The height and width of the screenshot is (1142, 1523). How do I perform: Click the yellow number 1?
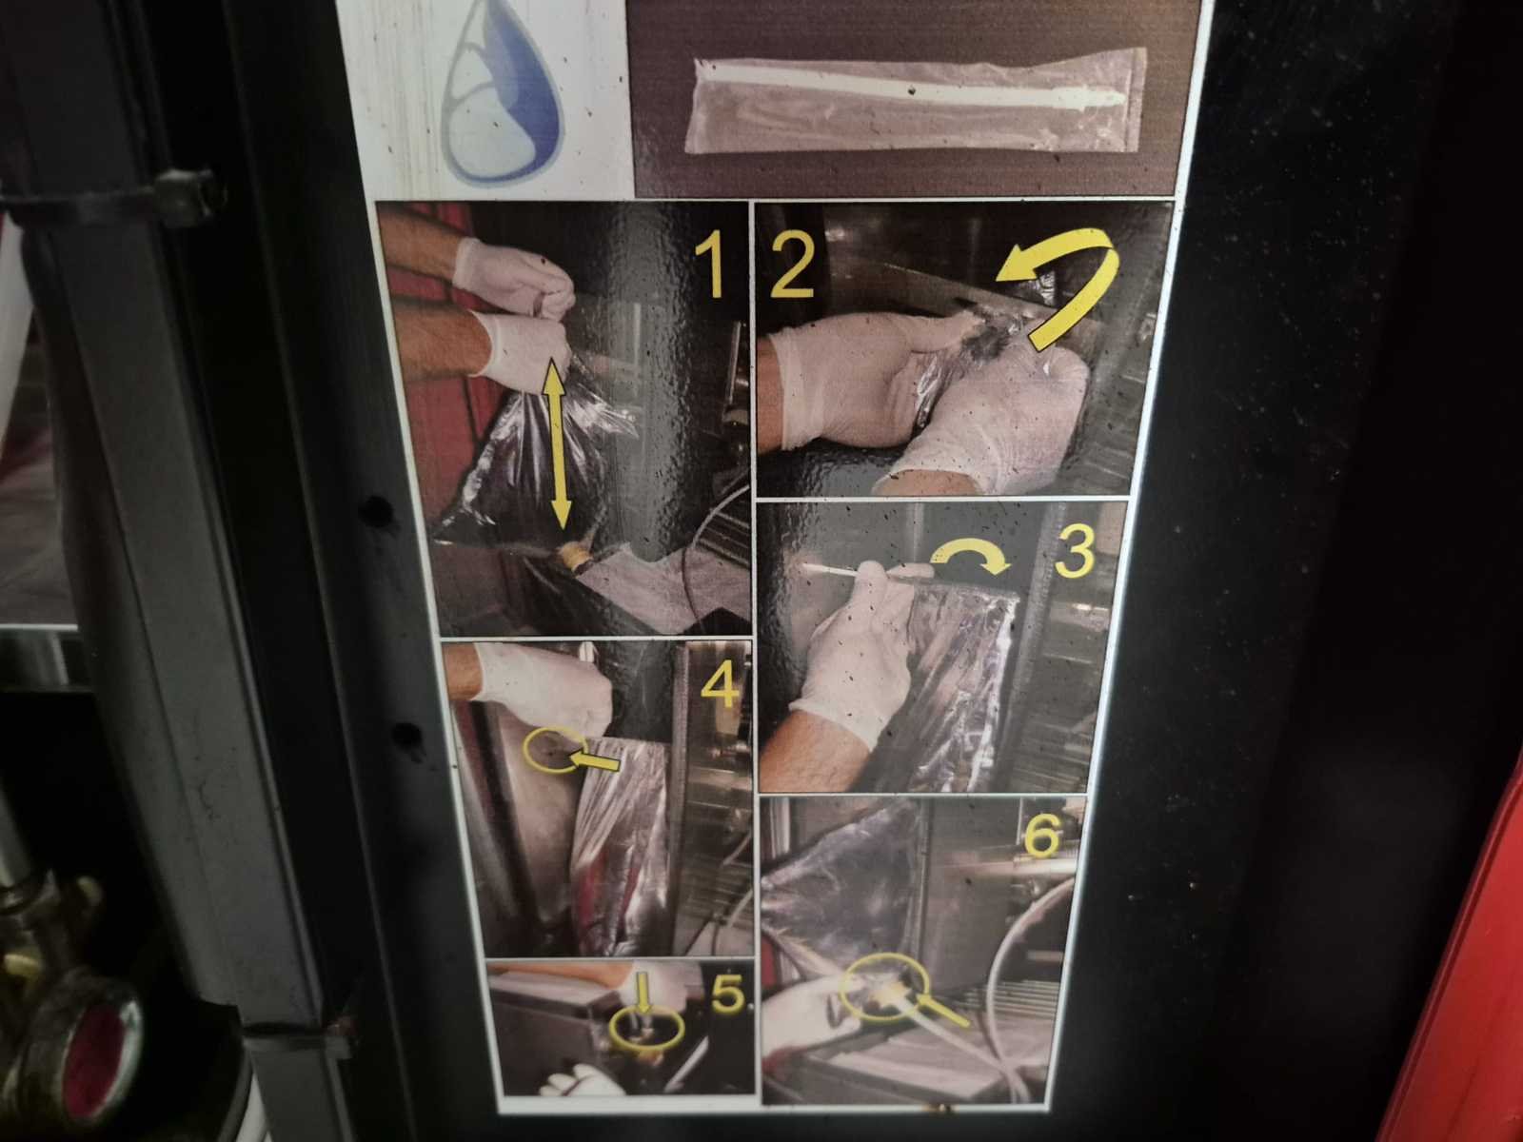pyautogui.click(x=710, y=265)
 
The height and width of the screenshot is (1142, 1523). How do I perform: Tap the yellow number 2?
pyautogui.click(x=792, y=265)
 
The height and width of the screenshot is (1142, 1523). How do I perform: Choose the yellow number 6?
pyautogui.click(x=1042, y=835)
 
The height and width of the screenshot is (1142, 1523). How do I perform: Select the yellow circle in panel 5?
pyautogui.click(x=646, y=1029)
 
